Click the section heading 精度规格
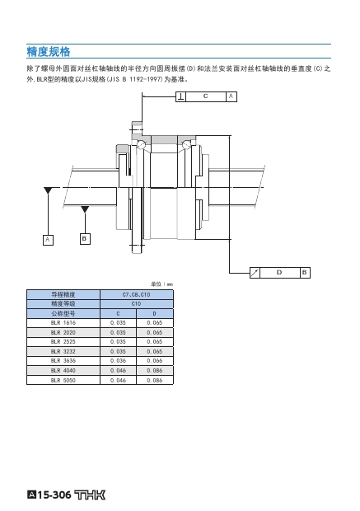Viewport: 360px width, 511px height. coord(49,51)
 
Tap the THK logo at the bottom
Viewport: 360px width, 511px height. coord(91,495)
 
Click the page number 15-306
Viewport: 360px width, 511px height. coord(54,495)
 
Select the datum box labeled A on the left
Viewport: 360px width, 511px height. coord(48,240)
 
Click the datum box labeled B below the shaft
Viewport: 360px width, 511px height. coord(85,238)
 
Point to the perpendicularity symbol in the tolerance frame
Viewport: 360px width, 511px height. coord(180,96)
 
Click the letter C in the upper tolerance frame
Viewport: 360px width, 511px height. coord(205,96)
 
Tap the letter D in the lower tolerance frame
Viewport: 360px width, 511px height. coord(279,272)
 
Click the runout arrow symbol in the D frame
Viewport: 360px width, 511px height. coord(255,273)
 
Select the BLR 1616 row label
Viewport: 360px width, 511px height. coord(63,322)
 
